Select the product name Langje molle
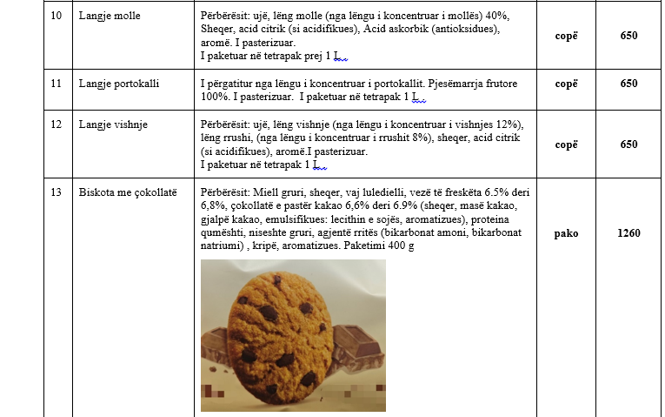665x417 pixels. click(x=111, y=17)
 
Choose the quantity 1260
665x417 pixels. click(x=629, y=233)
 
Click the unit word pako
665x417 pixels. click(x=566, y=233)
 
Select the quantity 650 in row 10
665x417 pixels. click(x=629, y=36)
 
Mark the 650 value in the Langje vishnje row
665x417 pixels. click(x=629, y=145)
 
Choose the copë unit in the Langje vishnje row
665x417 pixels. click(x=566, y=145)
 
